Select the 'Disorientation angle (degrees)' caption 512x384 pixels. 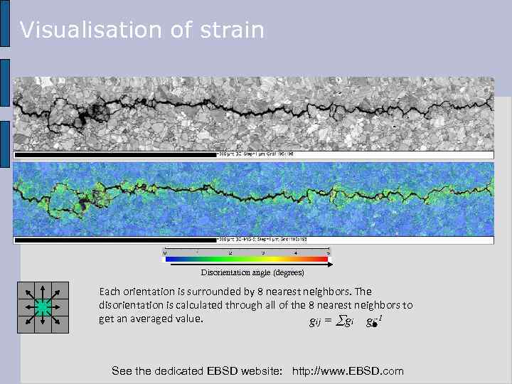252,273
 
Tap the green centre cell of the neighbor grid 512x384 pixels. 43,307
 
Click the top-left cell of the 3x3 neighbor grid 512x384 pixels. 26,290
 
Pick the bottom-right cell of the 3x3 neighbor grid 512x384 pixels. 60,324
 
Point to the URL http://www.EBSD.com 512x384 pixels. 348,371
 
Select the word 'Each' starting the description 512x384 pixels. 110,292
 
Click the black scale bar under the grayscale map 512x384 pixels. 114,154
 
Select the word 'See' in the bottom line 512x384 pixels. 122,371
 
